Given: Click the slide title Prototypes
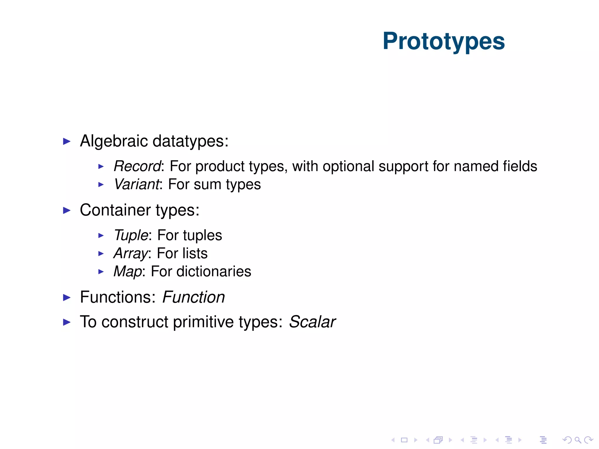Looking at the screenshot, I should (x=443, y=42).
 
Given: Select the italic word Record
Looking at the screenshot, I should (x=137, y=166).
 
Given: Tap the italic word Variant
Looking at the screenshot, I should (x=137, y=184).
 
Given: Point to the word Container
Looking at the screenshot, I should (x=115, y=210).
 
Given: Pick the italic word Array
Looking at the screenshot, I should (x=130, y=253).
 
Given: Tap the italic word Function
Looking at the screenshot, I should (x=193, y=297).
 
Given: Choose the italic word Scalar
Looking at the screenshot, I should (x=312, y=322).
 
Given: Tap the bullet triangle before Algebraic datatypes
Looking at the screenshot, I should (x=67, y=141).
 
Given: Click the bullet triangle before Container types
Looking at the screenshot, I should (x=67, y=210).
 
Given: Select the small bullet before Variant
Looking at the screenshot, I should (x=101, y=184).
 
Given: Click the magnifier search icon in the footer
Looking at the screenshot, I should (x=578, y=440).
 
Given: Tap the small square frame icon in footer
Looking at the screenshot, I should (x=404, y=440).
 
